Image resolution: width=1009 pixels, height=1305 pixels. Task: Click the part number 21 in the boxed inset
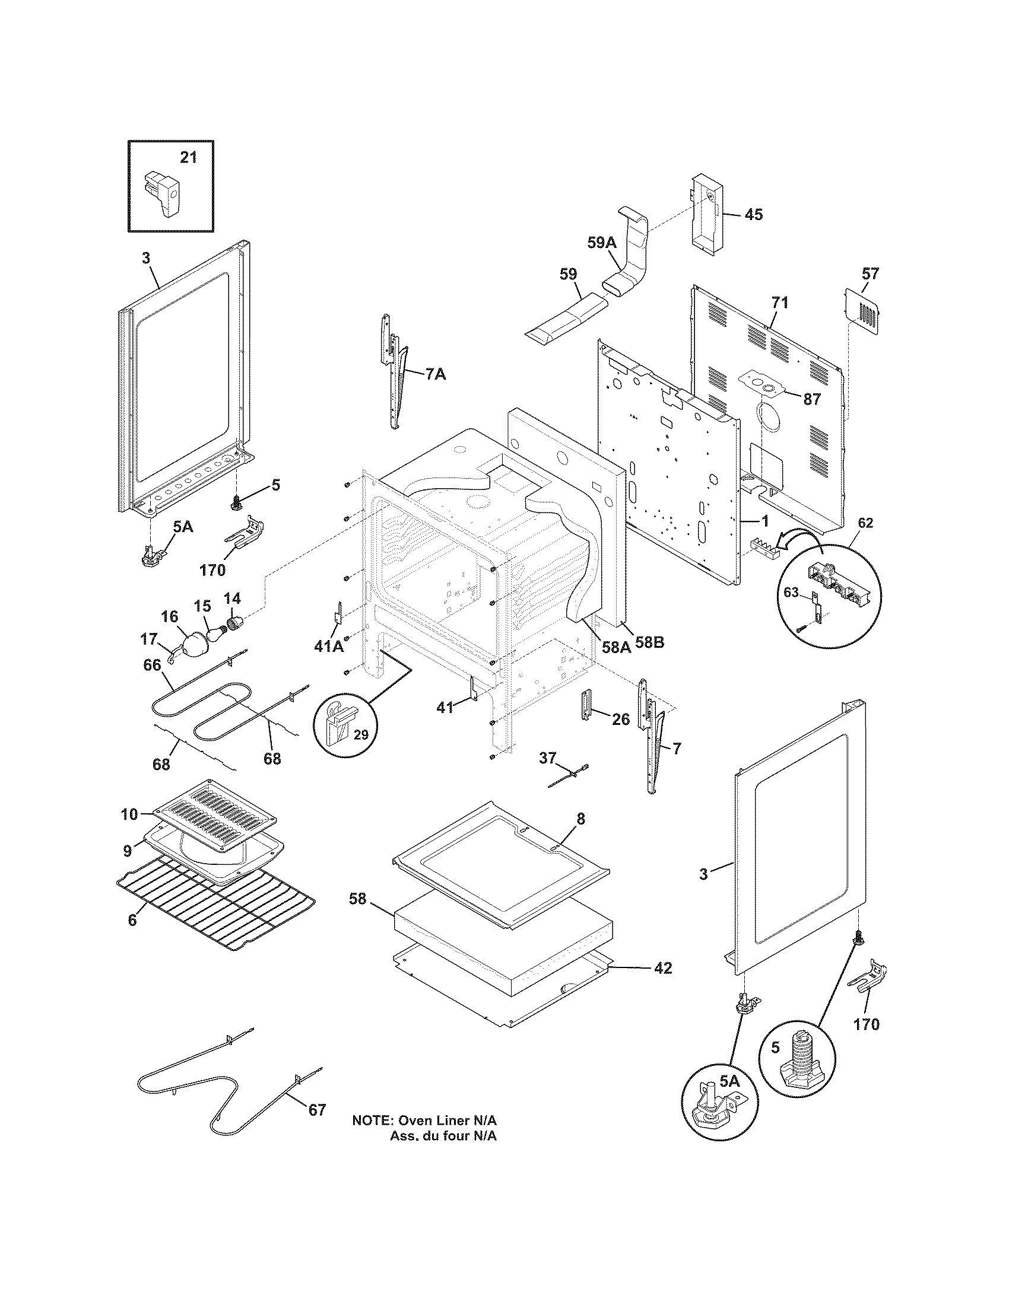pyautogui.click(x=188, y=157)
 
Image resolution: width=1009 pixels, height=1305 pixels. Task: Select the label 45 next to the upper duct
pyautogui.click(x=754, y=215)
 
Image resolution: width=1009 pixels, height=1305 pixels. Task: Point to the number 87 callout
pyautogui.click(x=812, y=399)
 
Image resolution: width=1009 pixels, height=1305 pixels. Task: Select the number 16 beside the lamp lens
pyautogui.click(x=170, y=616)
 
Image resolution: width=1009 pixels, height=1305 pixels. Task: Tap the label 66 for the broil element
pyautogui.click(x=153, y=664)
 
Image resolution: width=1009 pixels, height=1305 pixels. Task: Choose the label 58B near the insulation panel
pyautogui.click(x=649, y=642)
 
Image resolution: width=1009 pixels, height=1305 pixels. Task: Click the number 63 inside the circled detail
pyautogui.click(x=791, y=592)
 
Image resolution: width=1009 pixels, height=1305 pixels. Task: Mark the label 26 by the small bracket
pyautogui.click(x=621, y=719)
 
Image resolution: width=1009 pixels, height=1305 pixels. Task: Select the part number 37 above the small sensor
pyautogui.click(x=547, y=757)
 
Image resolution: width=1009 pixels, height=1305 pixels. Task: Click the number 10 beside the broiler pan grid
pyautogui.click(x=129, y=814)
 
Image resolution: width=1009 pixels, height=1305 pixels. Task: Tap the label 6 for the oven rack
pyautogui.click(x=132, y=919)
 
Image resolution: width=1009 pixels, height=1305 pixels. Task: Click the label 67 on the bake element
pyautogui.click(x=317, y=1110)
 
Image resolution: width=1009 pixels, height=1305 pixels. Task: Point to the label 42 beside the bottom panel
pyautogui.click(x=662, y=967)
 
